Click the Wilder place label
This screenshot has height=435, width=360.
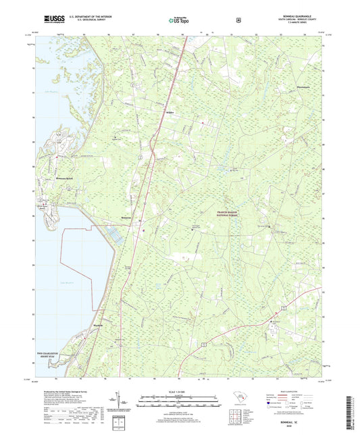click(170, 113)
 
